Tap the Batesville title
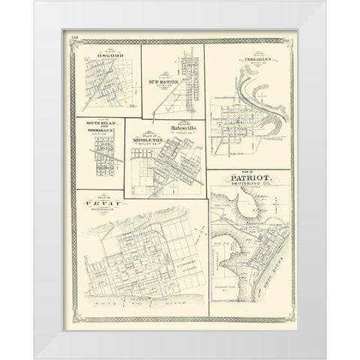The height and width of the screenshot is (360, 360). click(x=183, y=128)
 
